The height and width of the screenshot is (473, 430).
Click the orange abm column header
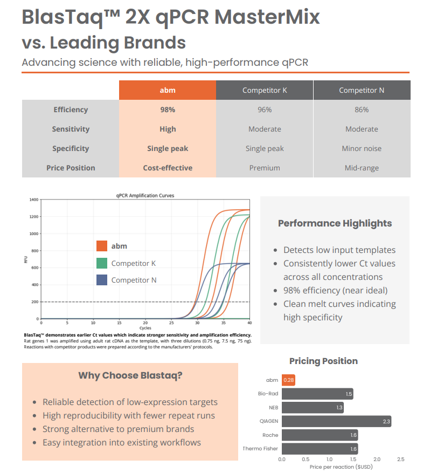pos(168,90)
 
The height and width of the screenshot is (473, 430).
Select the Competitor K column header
pos(265,90)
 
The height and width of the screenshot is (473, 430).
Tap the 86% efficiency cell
pos(362,109)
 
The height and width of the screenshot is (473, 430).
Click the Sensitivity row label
pos(71,129)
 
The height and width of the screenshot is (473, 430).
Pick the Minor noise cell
pos(362,148)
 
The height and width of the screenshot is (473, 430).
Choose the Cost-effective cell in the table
pos(168,168)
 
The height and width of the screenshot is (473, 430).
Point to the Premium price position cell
pos(265,168)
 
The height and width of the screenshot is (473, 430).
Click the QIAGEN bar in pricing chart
pos(336,421)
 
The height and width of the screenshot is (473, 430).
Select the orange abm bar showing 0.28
pos(289,380)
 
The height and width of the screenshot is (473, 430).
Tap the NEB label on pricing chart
pos(273,408)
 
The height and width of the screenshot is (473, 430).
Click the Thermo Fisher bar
pos(320,449)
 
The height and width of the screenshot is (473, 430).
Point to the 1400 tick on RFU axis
pos(34,200)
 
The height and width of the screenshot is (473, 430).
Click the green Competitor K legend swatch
pos(102,263)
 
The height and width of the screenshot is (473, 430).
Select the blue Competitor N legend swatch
pos(102,280)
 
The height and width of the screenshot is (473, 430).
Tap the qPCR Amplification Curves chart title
pos(145,195)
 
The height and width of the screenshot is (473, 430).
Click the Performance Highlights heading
pos(335,223)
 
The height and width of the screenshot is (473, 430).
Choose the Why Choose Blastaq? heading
pos(130,375)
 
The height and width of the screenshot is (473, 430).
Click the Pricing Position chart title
pos(323,361)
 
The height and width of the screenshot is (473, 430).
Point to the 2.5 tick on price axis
pos(400,459)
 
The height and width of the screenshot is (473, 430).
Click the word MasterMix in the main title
pos(267,17)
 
